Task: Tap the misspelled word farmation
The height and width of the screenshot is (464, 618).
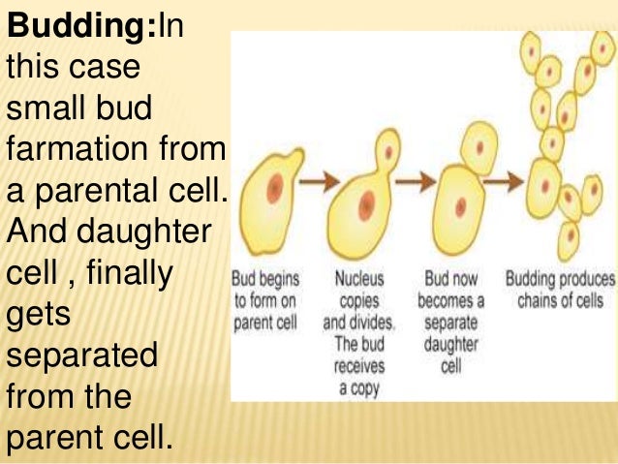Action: click(70, 149)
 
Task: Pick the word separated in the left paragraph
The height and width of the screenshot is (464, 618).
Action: click(81, 356)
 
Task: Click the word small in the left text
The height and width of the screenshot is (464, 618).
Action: click(45, 108)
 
